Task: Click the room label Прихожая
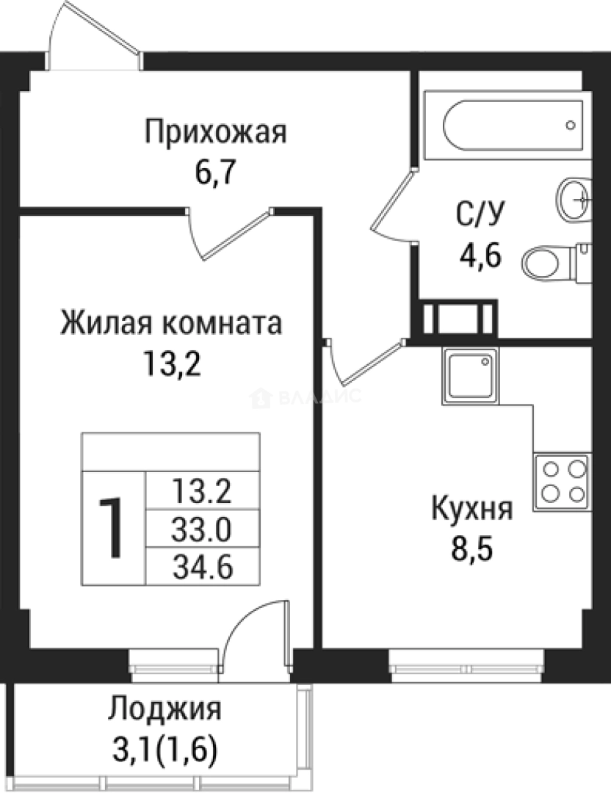point(215,134)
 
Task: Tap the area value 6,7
point(215,175)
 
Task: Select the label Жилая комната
point(171,323)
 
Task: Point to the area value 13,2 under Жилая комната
point(172,363)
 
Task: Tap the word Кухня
point(471,508)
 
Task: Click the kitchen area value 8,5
point(471,548)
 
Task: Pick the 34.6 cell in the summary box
point(202,566)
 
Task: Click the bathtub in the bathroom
point(513,125)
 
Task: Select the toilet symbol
point(557,261)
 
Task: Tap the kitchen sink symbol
point(469,375)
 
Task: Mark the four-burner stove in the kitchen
point(562,480)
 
